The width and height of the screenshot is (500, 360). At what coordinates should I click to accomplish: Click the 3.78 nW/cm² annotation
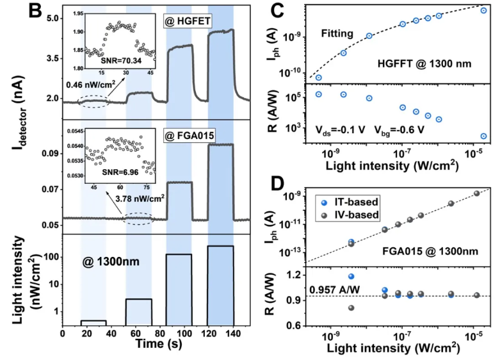[x=141, y=199]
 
